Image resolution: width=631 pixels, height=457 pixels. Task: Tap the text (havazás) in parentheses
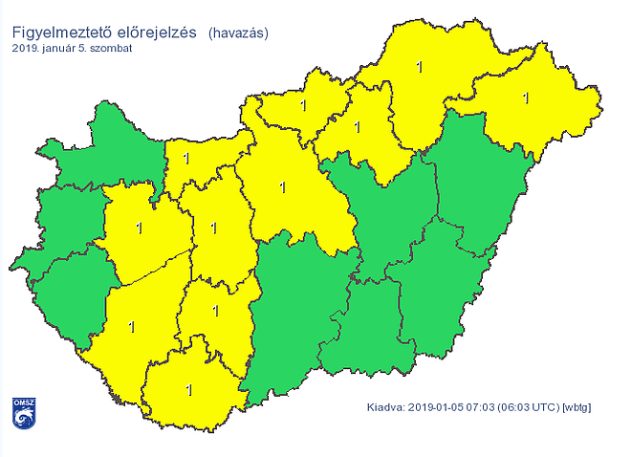238,33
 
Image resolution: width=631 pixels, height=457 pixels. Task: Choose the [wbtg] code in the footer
578,408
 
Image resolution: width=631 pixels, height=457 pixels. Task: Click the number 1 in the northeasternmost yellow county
525,97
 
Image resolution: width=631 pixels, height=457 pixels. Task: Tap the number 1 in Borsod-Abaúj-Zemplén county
419,67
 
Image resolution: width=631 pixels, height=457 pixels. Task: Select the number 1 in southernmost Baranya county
188,389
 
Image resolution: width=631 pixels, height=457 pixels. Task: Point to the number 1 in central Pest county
281,186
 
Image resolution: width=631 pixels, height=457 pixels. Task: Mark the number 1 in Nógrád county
302,105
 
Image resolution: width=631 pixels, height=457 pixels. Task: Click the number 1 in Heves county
358,126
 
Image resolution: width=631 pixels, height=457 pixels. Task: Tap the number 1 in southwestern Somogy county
131,327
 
